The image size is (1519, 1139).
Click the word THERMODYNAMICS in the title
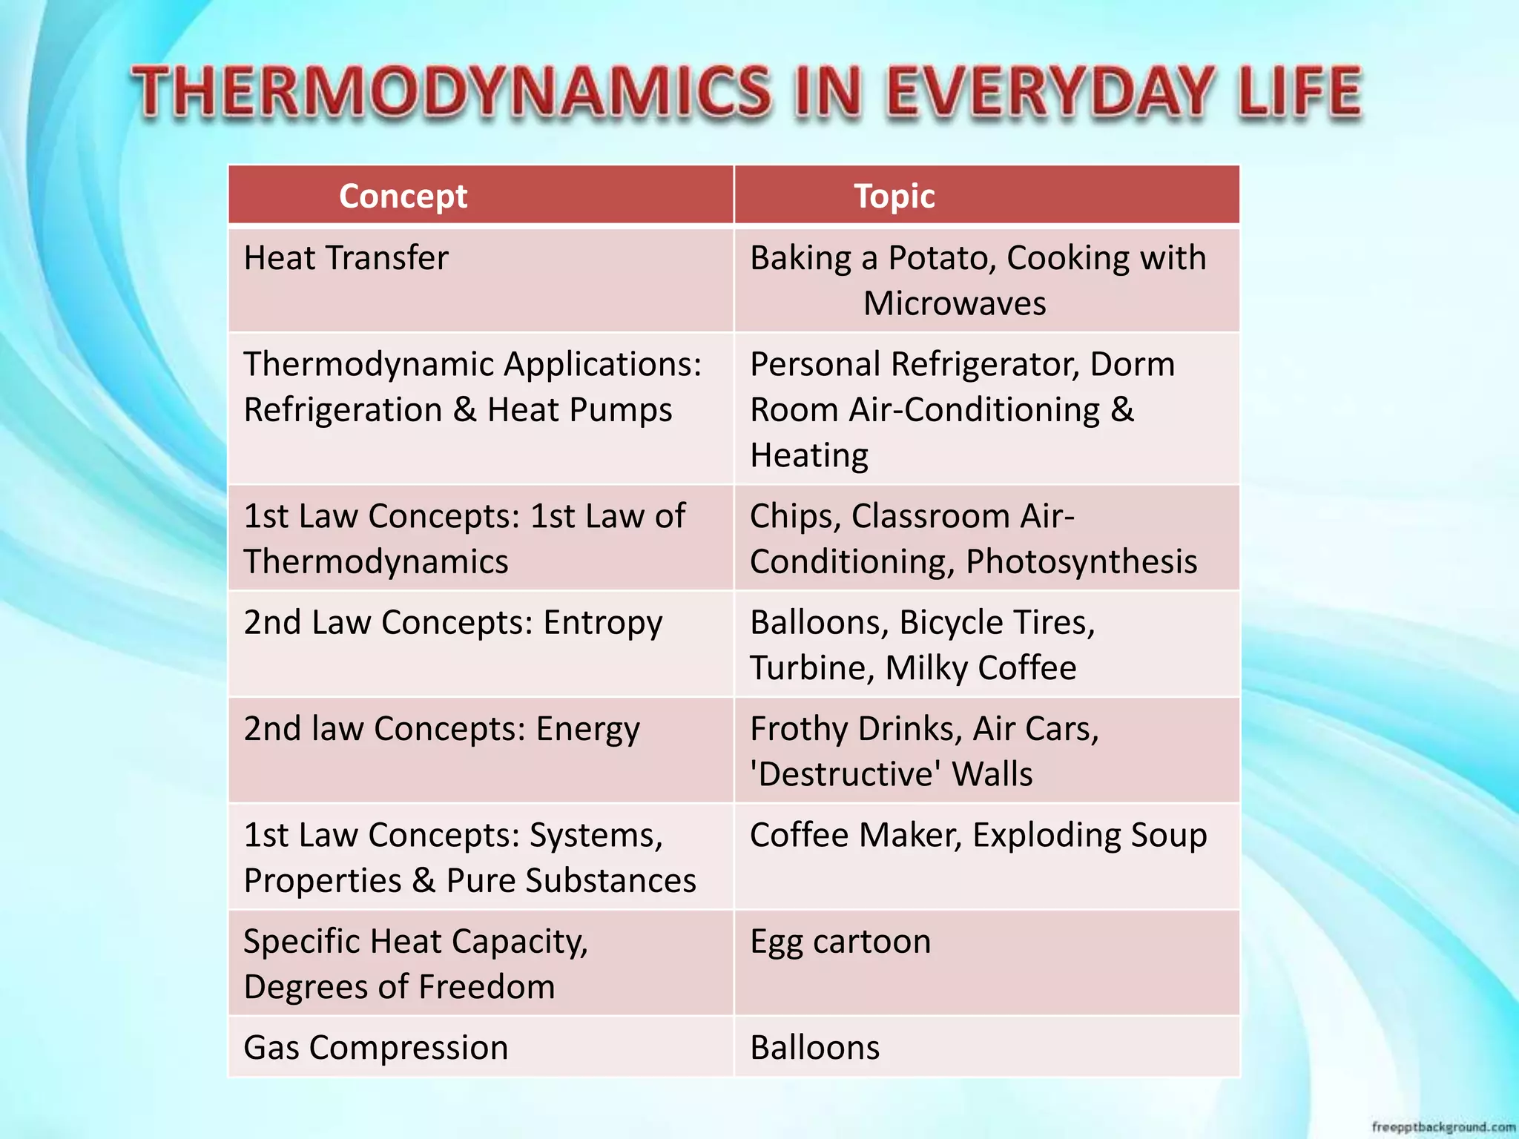point(451,92)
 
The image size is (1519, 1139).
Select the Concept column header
point(403,197)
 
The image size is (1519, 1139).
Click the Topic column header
point(894,197)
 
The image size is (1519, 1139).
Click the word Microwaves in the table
point(955,304)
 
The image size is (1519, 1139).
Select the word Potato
point(941,259)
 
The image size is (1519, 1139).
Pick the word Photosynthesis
point(1081,562)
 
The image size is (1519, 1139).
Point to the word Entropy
point(602,623)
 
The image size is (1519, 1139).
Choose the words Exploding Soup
point(1090,836)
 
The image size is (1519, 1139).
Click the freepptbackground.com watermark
point(1443,1127)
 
